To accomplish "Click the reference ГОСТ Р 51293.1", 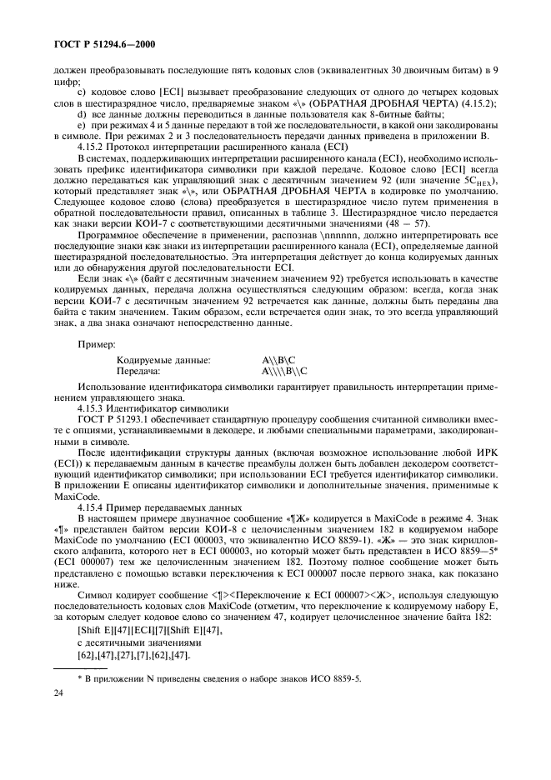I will [x=114, y=420].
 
